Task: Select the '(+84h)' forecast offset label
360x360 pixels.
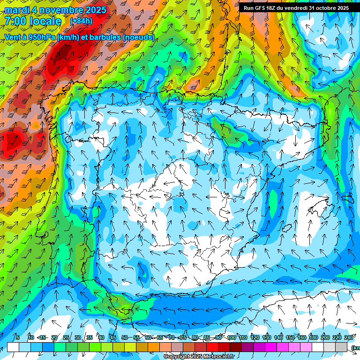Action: click(x=81, y=21)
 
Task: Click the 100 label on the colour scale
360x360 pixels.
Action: click(x=231, y=337)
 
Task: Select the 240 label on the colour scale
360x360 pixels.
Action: click(x=349, y=337)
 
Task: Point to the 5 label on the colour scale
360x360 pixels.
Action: click(x=18, y=337)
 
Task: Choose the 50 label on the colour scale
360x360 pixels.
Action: click(x=124, y=337)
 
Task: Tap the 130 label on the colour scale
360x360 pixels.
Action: click(x=266, y=337)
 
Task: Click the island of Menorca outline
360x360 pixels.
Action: click(x=347, y=198)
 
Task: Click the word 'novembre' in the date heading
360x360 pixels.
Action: click(x=62, y=10)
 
